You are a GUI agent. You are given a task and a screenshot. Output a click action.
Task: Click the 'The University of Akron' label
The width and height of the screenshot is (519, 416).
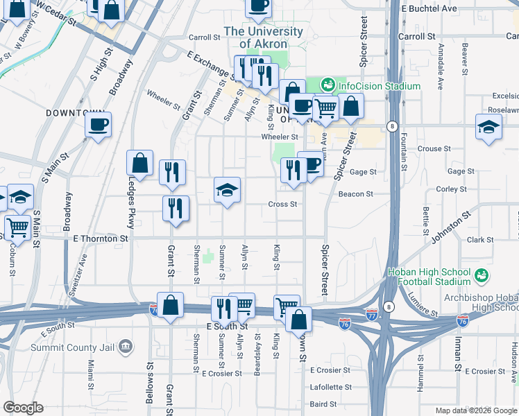(263, 37)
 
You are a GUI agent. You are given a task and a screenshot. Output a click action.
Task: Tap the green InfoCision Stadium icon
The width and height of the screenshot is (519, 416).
(327, 86)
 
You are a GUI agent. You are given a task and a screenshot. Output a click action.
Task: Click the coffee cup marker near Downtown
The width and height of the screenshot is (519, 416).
(98, 125)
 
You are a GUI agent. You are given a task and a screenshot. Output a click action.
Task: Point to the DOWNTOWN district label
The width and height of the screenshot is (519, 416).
(75, 112)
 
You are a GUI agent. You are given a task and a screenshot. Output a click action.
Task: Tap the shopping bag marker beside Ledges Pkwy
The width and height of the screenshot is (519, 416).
(139, 164)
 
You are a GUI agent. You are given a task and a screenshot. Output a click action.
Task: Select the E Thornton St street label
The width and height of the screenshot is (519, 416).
(101, 238)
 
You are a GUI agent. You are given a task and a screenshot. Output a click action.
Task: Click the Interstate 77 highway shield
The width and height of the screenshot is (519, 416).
(373, 313)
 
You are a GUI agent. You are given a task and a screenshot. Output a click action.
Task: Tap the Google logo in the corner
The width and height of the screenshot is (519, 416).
(23, 408)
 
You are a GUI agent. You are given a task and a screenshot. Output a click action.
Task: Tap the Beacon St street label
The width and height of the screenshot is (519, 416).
(356, 194)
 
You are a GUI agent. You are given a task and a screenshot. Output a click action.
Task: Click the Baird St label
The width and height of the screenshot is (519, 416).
(323, 404)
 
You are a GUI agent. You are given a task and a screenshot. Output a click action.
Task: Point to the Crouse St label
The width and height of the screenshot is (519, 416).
(434, 148)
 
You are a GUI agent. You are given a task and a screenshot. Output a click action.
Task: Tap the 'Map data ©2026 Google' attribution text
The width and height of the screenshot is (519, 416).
(475, 410)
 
